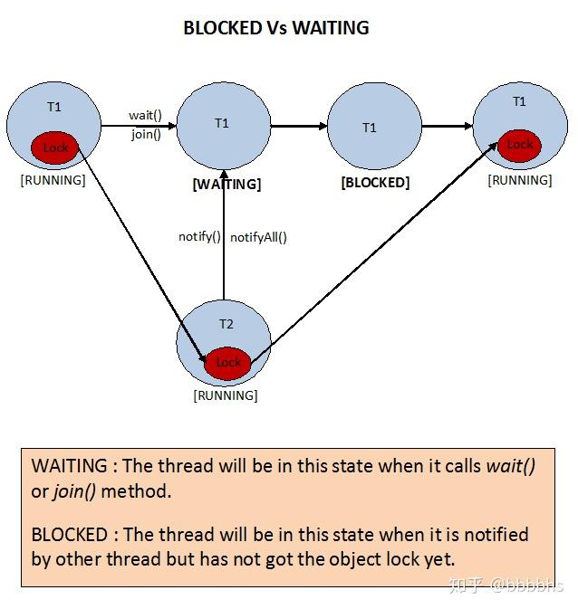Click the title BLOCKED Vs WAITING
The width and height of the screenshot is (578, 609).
tap(276, 28)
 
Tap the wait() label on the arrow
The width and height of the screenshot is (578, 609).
tap(145, 115)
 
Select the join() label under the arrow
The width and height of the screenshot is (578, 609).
tap(146, 135)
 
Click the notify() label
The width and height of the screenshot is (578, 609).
tap(199, 237)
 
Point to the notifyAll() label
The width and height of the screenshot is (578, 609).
tap(258, 237)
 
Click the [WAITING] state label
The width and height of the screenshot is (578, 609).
tap(226, 184)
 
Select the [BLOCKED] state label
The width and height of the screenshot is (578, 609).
tap(375, 182)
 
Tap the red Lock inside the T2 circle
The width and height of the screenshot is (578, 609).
tap(227, 362)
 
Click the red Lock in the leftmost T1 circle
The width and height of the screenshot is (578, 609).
tap(55, 147)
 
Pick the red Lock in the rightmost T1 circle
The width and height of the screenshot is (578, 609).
tap(519, 145)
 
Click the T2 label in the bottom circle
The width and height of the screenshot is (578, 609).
tap(226, 324)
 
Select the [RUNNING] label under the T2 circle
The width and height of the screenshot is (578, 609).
tap(226, 395)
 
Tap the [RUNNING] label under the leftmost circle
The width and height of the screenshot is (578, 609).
tap(53, 180)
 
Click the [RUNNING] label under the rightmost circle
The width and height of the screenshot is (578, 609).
tap(520, 180)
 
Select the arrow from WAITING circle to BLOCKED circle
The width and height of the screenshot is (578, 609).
tap(299, 127)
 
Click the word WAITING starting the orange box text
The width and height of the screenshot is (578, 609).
tap(69, 467)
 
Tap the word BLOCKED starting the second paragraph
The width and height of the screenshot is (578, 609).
tap(69, 534)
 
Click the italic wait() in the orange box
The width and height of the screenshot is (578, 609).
tap(511, 467)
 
